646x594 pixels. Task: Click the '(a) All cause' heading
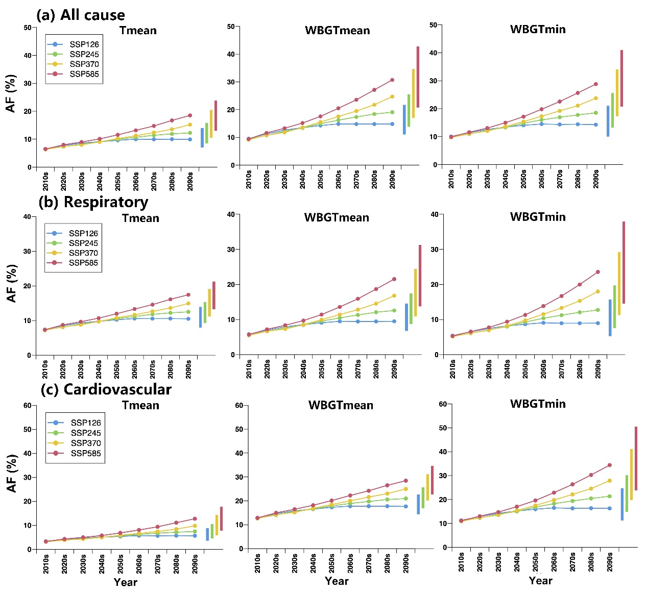tap(81, 15)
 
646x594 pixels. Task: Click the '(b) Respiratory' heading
tap(93, 202)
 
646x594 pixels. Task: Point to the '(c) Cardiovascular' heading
tap(106, 389)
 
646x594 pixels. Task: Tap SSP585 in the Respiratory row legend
tap(83, 263)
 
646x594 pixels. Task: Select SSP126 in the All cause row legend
tap(84, 44)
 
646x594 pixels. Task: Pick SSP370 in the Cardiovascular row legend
tap(86, 443)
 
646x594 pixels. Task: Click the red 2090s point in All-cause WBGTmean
tap(392, 80)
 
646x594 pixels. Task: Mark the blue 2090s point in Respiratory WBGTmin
tap(597, 323)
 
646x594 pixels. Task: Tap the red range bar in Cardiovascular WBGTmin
tap(636, 458)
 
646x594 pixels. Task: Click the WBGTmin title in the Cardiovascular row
tap(538, 404)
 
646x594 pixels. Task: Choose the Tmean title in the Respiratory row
tap(140, 218)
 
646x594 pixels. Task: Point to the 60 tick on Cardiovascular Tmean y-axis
tap(27, 406)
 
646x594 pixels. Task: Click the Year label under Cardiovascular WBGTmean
tap(337, 581)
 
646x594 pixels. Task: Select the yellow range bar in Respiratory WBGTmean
tap(415, 292)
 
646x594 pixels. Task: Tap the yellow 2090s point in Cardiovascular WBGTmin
tap(609, 481)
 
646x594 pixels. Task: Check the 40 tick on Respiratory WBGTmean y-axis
tap(230, 214)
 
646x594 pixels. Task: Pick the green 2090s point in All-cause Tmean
tap(190, 133)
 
